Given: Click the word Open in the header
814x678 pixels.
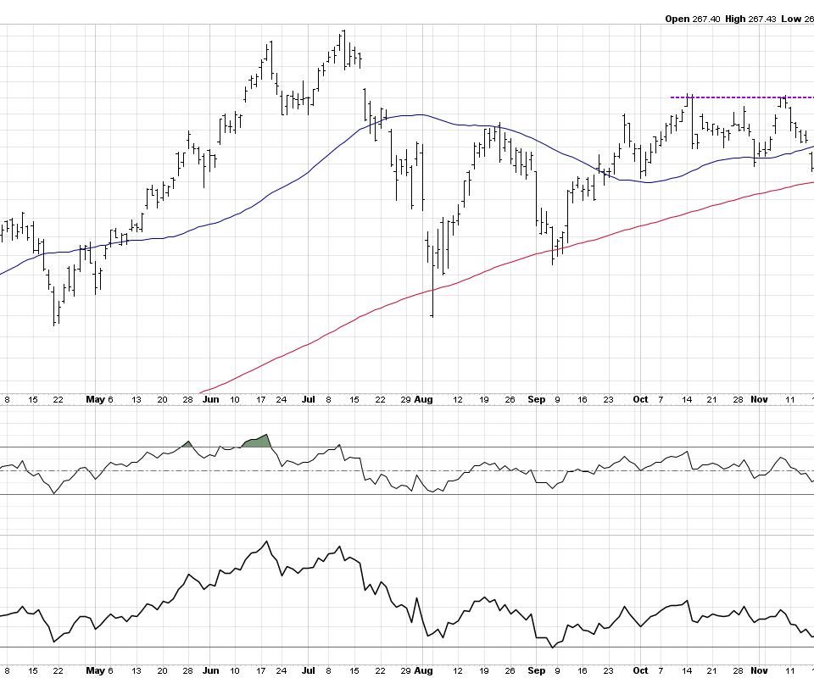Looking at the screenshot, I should (677, 18).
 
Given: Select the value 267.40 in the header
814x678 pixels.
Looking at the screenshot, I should (707, 18).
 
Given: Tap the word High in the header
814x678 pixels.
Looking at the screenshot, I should (735, 18).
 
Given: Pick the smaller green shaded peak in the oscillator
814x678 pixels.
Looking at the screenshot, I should (187, 443).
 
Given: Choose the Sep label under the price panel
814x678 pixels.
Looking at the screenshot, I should (536, 398).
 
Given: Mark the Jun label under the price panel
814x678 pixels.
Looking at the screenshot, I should (210, 398).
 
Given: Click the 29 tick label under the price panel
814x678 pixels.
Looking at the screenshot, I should (404, 398).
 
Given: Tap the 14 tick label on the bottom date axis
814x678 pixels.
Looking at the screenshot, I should (689, 670).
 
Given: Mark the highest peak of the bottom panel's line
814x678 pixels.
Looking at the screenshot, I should (265, 542).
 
